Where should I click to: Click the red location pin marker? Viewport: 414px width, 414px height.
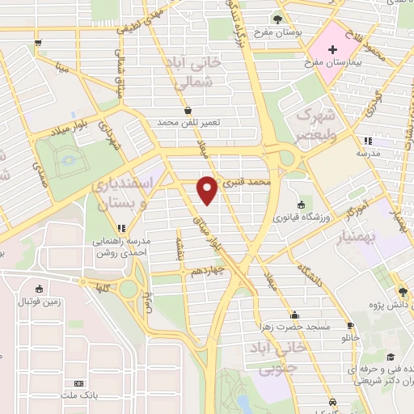point(208,188)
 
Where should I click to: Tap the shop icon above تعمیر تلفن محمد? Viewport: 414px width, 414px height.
point(188,109)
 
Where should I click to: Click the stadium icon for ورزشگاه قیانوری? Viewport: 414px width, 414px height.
point(301,204)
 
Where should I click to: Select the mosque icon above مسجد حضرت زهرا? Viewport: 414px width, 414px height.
point(295,315)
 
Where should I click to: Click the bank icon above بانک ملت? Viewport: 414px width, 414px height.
point(78,383)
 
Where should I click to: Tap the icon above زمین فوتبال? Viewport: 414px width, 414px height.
point(37,289)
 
